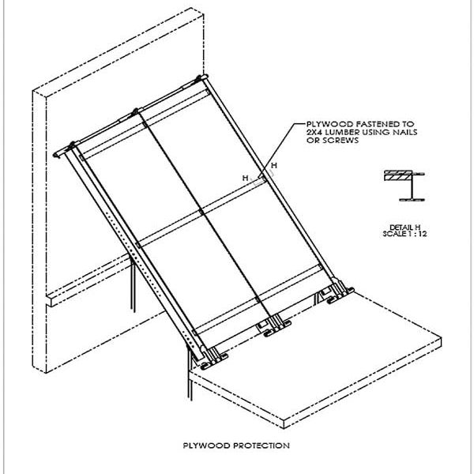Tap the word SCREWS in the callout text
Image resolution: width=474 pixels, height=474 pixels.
[x=322, y=142]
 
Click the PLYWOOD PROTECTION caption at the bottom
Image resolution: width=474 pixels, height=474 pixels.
[x=237, y=445]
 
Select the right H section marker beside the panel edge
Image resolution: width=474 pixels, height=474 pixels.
[x=273, y=165]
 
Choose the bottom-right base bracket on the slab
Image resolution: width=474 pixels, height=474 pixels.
[x=336, y=294]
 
